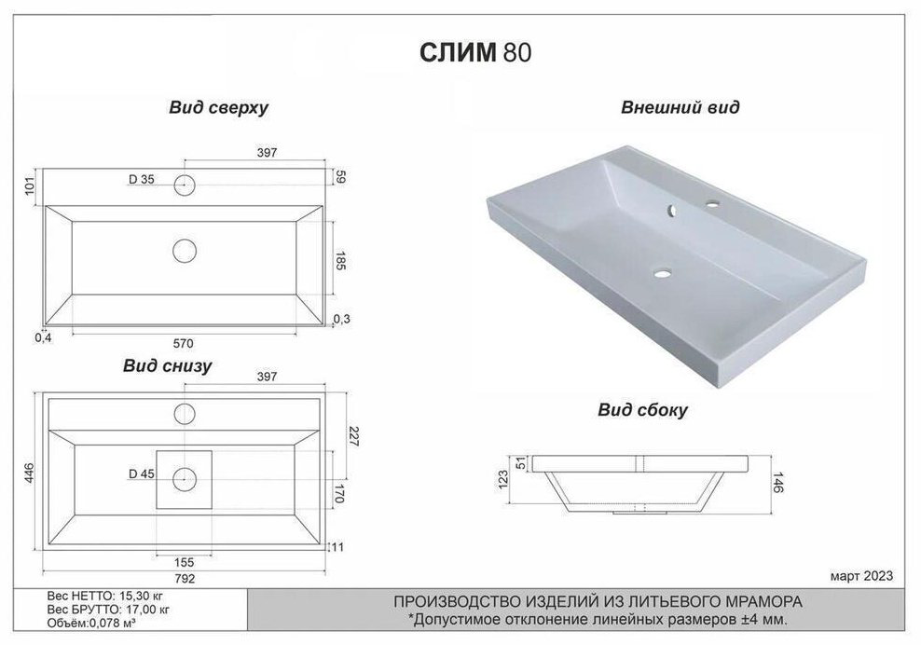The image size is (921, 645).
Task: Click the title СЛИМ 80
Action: tap(475, 52)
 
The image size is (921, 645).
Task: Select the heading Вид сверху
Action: tap(218, 108)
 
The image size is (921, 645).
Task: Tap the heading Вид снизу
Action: tap(168, 366)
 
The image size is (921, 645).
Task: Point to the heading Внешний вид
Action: tap(680, 107)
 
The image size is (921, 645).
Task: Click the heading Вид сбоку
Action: tap(642, 410)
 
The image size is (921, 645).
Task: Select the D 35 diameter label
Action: tap(142, 180)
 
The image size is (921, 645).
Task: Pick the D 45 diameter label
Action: tap(142, 474)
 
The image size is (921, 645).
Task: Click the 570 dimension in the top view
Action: tap(184, 343)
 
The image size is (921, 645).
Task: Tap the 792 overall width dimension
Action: tap(185, 579)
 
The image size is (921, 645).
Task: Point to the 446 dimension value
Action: tap(29, 473)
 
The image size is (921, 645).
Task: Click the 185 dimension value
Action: tap(339, 260)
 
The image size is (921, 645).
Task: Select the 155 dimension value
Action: tap(185, 562)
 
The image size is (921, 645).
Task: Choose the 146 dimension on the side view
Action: tap(777, 482)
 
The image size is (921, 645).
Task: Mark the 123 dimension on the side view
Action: tap(502, 479)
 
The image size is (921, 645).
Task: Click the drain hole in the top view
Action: tap(185, 251)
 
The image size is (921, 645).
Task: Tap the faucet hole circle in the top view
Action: tap(185, 185)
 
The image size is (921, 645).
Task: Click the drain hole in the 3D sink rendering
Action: tap(664, 273)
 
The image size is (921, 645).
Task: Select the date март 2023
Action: tap(861, 576)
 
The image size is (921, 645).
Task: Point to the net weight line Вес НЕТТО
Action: tap(109, 596)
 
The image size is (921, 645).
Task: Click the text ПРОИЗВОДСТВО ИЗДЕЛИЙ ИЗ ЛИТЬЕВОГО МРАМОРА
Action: tap(598, 602)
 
